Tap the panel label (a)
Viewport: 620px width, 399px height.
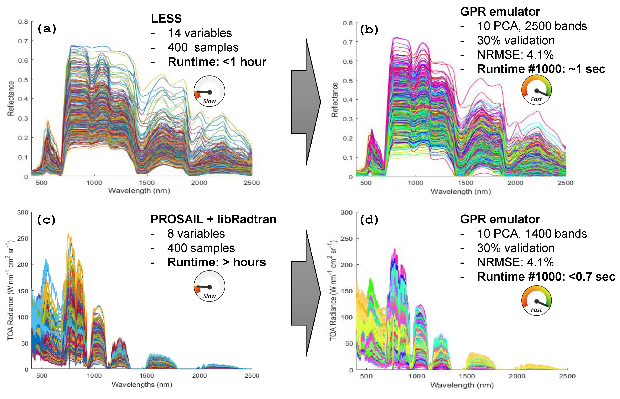tap(47, 28)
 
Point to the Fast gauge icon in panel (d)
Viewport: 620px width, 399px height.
tap(536, 301)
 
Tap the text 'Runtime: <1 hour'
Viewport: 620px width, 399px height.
tap(217, 62)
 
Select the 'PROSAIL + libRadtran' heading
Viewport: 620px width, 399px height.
tap(213, 219)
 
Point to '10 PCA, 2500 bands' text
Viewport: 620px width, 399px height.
tap(532, 26)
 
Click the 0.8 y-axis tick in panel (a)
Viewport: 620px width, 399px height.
tap(23, 22)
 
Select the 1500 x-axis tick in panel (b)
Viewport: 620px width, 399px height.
tap(465, 183)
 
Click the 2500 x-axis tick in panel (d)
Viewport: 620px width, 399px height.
tap(567, 376)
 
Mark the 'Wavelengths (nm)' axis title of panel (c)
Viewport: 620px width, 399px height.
tap(142, 384)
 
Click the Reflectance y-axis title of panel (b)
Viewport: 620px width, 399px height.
tap(335, 100)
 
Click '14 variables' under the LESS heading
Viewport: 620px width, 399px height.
tap(200, 33)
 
